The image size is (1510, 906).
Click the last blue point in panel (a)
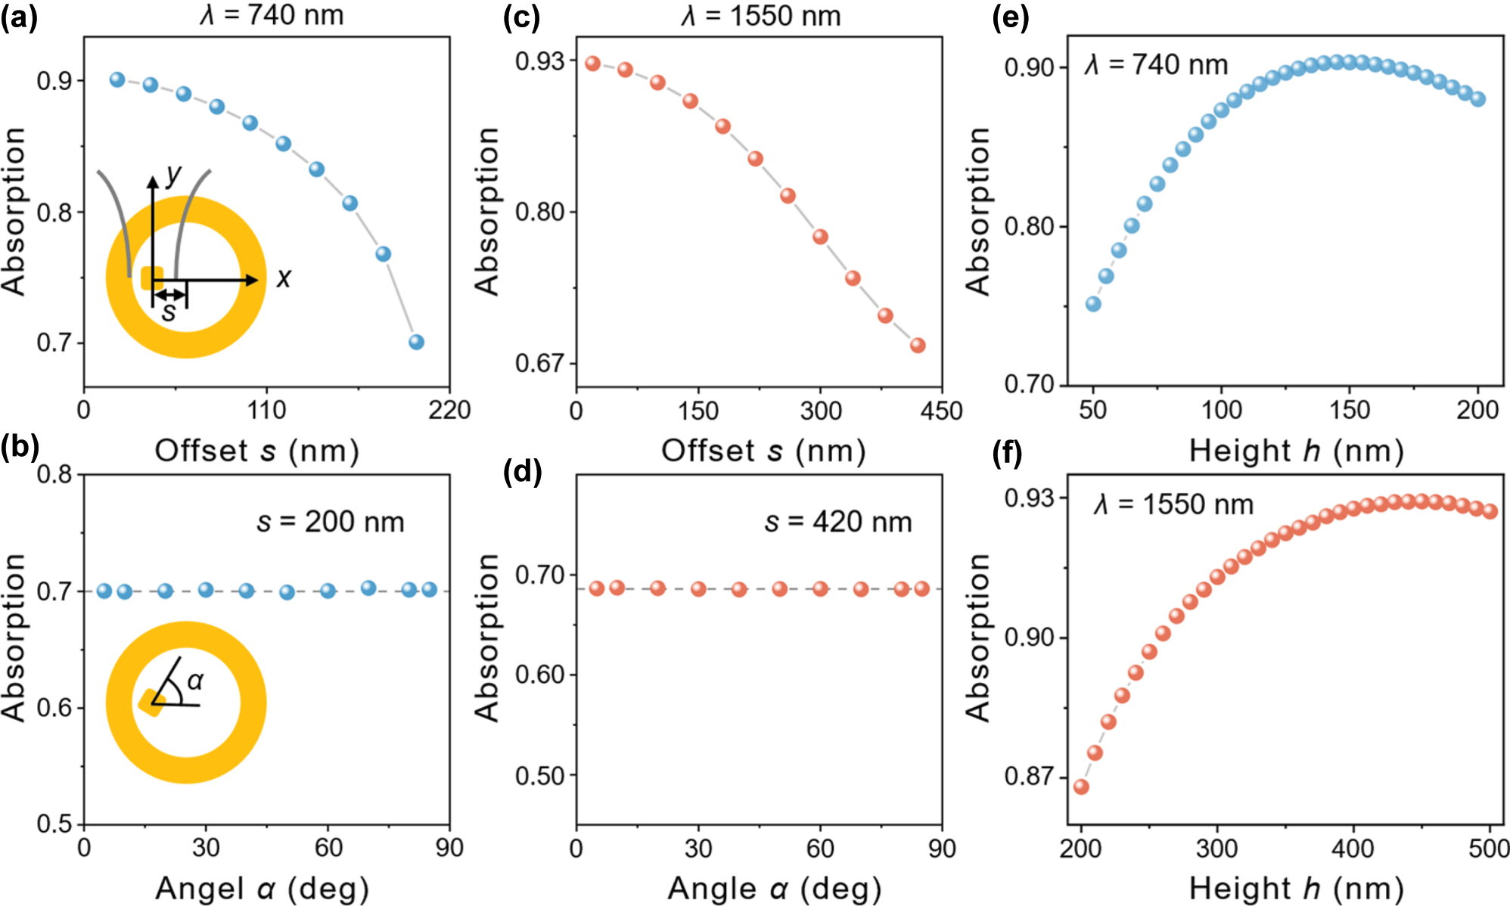coord(416,342)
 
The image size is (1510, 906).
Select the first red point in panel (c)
coord(592,64)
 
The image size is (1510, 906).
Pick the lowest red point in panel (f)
coord(1081,787)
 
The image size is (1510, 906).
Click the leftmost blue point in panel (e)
coord(1093,304)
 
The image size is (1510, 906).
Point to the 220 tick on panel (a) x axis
coord(449,411)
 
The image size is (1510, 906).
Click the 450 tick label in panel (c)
coord(942,411)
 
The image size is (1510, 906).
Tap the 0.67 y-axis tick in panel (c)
coord(540,363)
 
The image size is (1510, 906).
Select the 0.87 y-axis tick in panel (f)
coord(1029,777)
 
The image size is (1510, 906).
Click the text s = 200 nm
coord(331,522)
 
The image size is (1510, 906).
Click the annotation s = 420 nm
coord(837,522)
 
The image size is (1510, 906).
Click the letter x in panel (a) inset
coord(283,278)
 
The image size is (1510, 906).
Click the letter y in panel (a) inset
coord(174,175)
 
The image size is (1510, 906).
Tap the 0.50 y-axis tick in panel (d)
coord(540,776)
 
